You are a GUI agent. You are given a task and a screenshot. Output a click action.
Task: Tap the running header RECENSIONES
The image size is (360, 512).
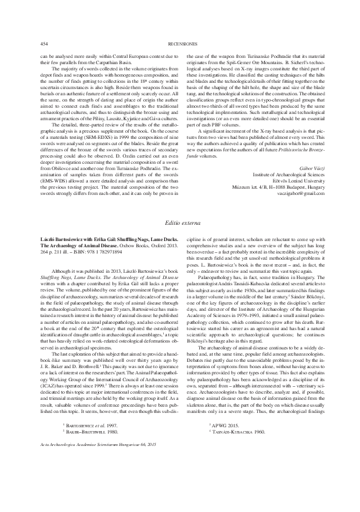181,44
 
